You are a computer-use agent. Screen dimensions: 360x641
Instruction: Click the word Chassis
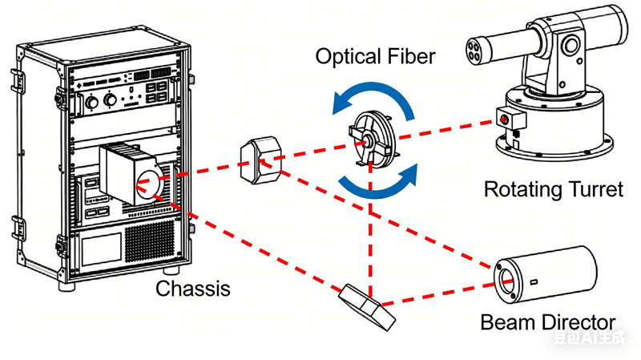tap(192, 288)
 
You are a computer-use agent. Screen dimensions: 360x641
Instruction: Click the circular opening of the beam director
tap(508, 281)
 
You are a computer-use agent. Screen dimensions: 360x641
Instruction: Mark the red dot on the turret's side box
tap(505, 120)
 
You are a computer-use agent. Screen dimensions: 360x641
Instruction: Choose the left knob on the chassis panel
tap(91, 102)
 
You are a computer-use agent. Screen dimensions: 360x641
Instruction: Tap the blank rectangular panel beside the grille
tap(97, 250)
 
